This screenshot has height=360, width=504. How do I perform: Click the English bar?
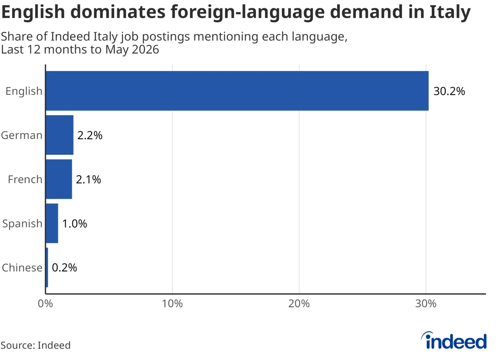(237, 91)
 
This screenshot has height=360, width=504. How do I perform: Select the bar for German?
(60, 135)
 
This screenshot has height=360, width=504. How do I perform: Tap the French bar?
(59, 179)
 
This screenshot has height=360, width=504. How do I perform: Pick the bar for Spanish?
(52, 223)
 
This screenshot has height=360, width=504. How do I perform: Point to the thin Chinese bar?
(47, 268)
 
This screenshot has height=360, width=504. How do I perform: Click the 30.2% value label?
(449, 91)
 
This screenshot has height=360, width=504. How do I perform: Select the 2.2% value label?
(90, 135)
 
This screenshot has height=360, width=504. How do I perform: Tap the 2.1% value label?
(89, 179)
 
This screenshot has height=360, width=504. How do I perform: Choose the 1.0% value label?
(74, 223)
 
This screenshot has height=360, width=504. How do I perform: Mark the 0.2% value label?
(64, 268)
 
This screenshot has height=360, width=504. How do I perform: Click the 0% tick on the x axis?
(45, 304)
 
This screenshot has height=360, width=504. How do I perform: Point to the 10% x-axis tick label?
(172, 304)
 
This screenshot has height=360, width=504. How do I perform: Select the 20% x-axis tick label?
(299, 304)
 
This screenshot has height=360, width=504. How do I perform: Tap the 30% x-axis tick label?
(426, 304)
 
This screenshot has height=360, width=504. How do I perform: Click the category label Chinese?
(22, 268)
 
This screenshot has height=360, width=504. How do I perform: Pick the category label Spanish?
(22, 224)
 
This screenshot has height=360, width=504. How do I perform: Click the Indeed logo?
(454, 341)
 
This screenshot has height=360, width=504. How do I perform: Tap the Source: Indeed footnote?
(36, 345)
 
